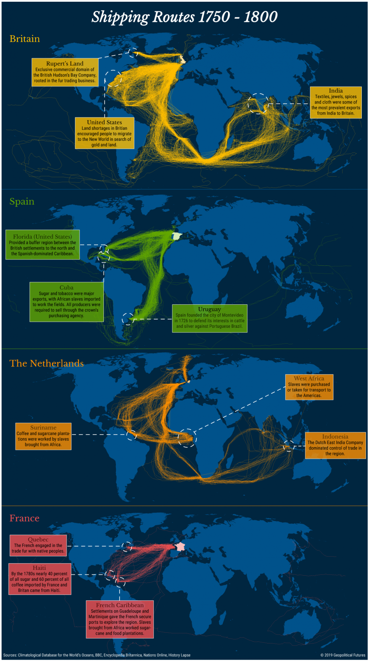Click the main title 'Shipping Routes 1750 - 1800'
coord(184,17)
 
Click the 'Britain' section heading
coord(25,39)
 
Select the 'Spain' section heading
coord(22,201)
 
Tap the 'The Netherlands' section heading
coord(47,364)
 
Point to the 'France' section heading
coord(24,518)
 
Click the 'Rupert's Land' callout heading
coord(65,63)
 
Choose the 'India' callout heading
coord(336,91)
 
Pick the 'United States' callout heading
coord(104,122)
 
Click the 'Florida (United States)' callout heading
coord(43,237)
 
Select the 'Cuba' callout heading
coord(66,287)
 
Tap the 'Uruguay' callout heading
coord(209,309)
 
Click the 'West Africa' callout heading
coord(309,378)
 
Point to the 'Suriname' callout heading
coord(43,428)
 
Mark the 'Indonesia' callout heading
coord(335,437)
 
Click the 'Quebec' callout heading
coord(38,539)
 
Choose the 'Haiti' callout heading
coord(39,568)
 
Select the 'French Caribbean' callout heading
coord(120,605)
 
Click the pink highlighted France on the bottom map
coord(180,547)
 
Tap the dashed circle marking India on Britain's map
coord(258,103)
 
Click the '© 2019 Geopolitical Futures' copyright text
coord(343,655)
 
